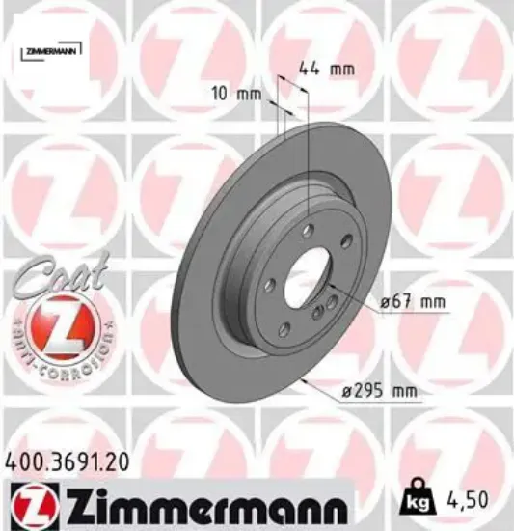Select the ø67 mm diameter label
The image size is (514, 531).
click(x=413, y=302)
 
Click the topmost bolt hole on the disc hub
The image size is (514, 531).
click(x=308, y=230)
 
